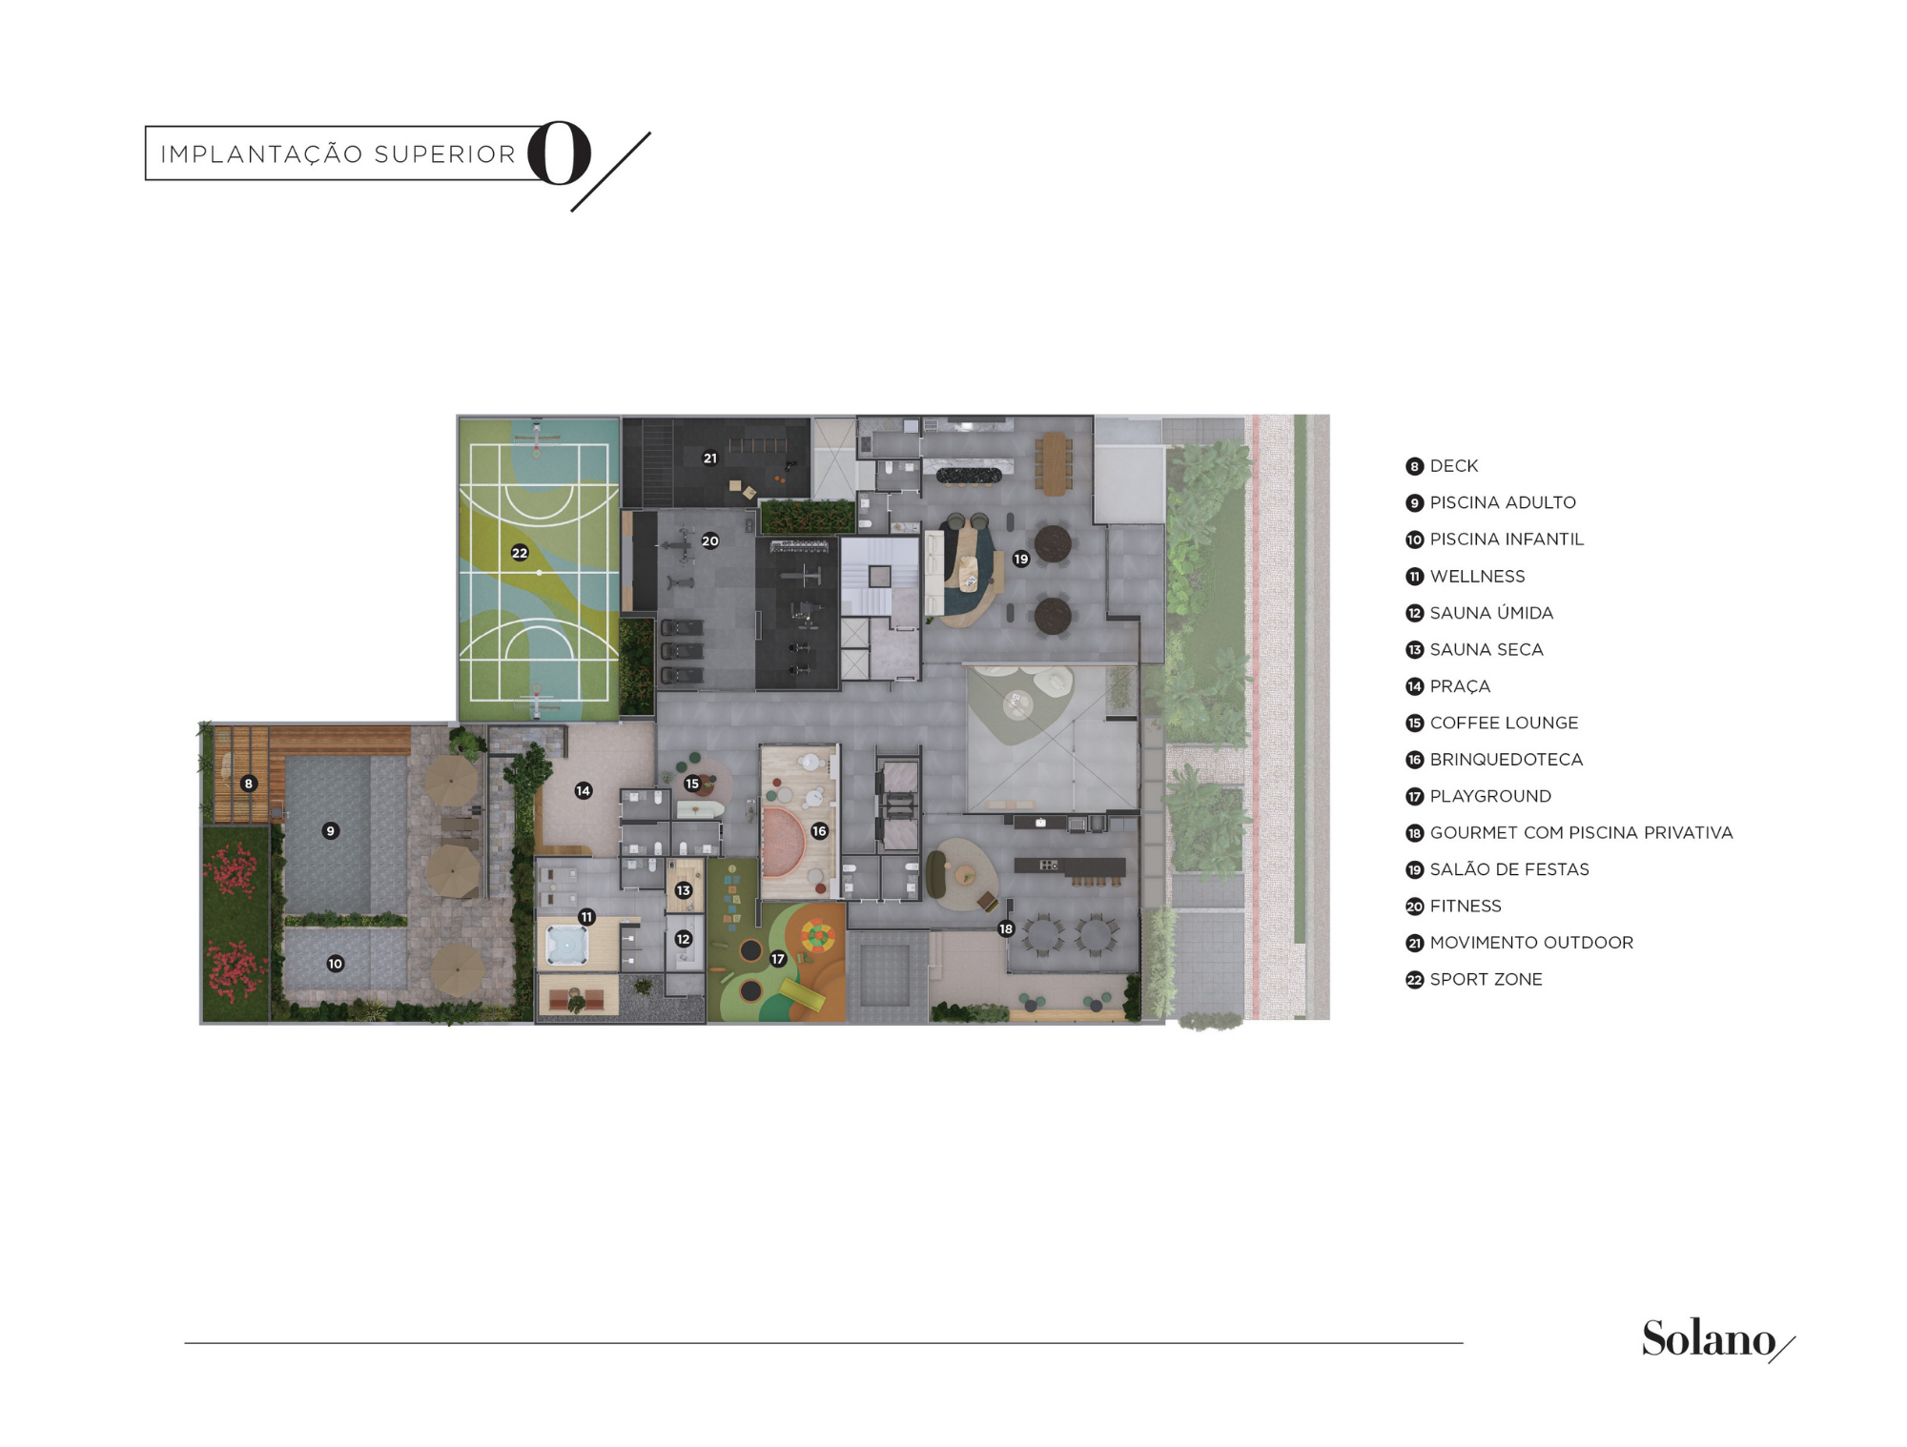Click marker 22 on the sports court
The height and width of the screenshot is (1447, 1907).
[520, 553]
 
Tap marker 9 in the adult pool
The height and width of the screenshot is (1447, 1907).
[331, 831]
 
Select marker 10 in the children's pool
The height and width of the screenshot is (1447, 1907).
[336, 964]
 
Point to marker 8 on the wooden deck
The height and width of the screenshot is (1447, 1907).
[249, 784]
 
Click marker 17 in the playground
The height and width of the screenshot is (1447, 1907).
[778, 959]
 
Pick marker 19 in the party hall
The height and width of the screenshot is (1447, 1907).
[1021, 559]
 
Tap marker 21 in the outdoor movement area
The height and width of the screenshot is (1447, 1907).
[710, 458]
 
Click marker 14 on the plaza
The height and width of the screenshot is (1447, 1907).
[584, 790]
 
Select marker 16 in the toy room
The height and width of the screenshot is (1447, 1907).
[819, 831]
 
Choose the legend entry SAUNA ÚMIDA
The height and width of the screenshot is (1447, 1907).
[1491, 613]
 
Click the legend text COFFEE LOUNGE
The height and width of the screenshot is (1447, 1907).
[1504, 723]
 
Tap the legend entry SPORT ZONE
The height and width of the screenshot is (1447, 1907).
[1486, 979]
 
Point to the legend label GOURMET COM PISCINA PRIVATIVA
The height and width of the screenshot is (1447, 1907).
[1581, 832]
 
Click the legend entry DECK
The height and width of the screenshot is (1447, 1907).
[1454, 466]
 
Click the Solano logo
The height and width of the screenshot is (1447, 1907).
[1717, 1339]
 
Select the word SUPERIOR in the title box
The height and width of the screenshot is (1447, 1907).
[444, 154]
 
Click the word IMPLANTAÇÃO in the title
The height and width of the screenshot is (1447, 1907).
[261, 154]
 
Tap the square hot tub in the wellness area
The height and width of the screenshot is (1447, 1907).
[568, 946]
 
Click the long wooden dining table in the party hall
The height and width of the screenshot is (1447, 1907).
[1053, 464]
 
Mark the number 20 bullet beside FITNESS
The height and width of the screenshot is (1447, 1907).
[1414, 907]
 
